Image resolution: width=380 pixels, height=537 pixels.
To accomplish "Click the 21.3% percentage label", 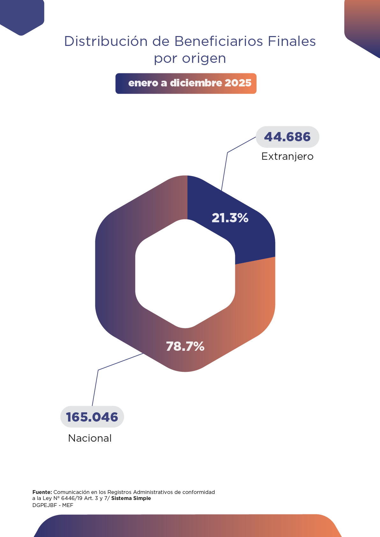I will pos(230,218).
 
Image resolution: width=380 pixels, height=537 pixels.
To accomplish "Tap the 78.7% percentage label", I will pos(185,346).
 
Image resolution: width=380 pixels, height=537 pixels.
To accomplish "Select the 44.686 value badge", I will pos(287,137).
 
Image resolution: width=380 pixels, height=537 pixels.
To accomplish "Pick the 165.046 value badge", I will pos(92,417).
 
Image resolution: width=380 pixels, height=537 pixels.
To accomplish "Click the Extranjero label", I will pos(287,156).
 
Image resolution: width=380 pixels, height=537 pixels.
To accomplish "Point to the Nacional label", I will pos(90,438).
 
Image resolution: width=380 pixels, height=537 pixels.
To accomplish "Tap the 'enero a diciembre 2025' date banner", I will pos(186,83).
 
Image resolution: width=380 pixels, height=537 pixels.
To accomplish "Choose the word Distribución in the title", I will pos(106,41).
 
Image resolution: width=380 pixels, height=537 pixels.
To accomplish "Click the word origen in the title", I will pos(204,59).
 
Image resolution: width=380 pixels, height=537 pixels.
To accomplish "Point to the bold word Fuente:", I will pos(42,492).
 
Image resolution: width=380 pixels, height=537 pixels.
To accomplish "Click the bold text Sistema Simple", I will pos(131,498).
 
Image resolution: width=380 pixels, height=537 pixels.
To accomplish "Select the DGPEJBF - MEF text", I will pos(53,505).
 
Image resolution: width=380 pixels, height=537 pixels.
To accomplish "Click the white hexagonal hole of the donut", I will pos(185,274).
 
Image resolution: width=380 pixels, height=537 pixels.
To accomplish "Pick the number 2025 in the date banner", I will pos(238,83).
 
